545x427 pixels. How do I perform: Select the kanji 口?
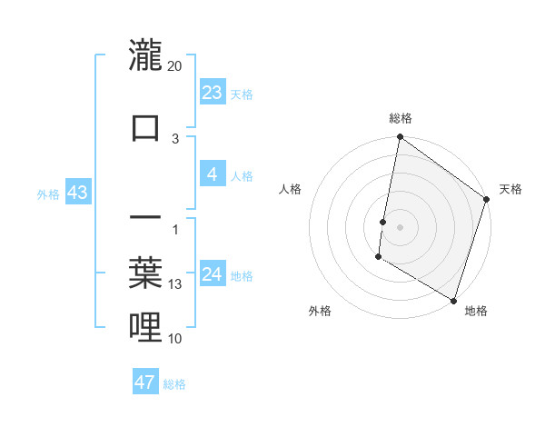point(146,127)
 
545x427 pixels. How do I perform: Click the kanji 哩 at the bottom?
point(146,326)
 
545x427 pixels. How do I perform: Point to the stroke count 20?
point(175,66)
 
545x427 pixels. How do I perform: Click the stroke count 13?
point(175,284)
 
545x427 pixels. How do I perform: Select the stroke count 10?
point(175,339)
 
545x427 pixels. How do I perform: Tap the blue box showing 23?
point(213,93)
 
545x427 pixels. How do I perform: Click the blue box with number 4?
point(213,174)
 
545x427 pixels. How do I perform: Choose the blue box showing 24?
point(213,274)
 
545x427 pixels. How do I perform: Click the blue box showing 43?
point(76,193)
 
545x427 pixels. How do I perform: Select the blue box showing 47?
point(145,382)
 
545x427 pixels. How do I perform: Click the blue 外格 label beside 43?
point(47,194)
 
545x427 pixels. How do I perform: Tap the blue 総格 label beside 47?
point(174,383)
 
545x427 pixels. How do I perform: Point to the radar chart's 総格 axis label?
point(401,118)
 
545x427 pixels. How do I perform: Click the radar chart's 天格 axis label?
point(510,189)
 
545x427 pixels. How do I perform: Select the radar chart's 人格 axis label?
point(291,189)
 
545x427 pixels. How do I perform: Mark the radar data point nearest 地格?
point(453,300)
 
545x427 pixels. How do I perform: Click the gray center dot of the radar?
point(401,226)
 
